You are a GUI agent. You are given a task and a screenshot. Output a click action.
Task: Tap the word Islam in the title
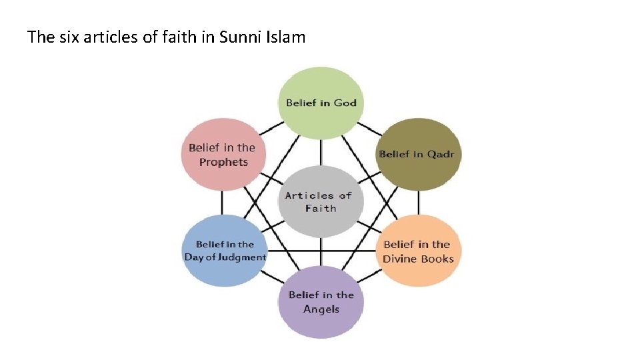[285, 37]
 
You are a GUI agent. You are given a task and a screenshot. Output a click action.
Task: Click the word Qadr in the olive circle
[441, 154]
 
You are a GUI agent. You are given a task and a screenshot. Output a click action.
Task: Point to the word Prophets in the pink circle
[223, 162]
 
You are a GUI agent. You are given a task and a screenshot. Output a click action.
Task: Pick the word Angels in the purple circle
[321, 309]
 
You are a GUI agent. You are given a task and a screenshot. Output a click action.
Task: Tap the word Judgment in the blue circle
[242, 257]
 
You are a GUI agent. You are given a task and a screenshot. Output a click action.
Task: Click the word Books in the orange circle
[437, 259]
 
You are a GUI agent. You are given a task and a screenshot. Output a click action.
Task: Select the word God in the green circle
[345, 103]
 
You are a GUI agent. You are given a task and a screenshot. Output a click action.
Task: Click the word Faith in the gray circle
[321, 209]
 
